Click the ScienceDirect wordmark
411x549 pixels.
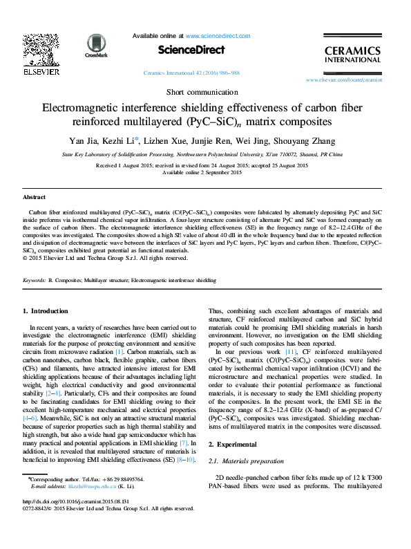191,50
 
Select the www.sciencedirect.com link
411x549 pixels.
218,35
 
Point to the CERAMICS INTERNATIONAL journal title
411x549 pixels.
352,55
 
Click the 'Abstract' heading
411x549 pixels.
35,197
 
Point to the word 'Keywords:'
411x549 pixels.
35,281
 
